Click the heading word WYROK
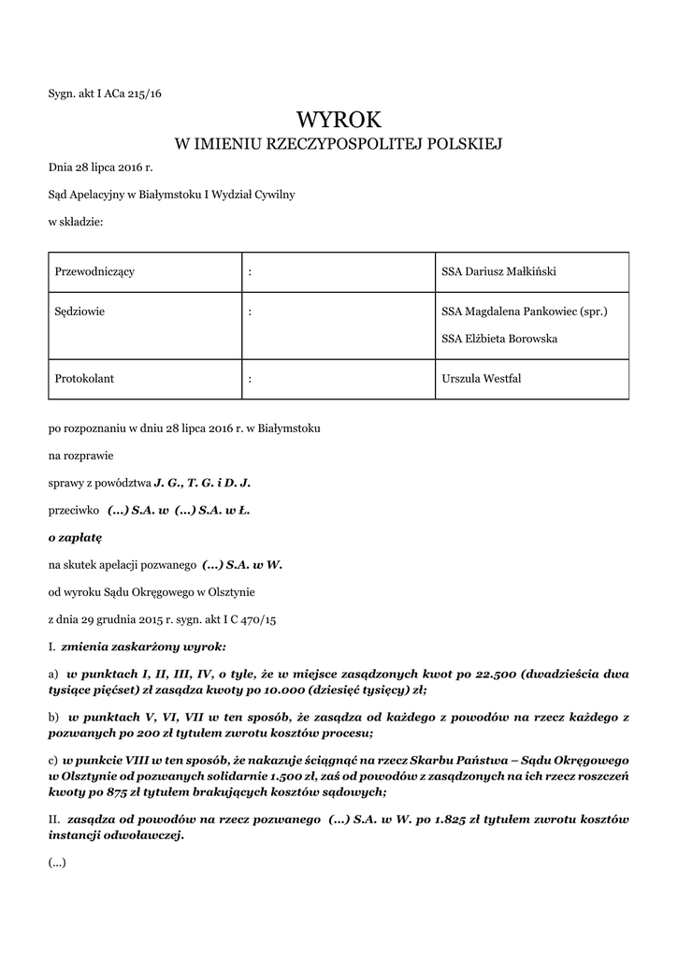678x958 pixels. coord(339,119)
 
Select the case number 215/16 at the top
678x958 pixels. coord(143,93)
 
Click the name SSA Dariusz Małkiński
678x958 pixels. coord(498,271)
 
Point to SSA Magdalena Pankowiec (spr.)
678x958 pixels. coord(524,312)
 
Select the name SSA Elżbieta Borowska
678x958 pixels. coord(499,338)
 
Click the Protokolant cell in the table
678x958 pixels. coord(84,379)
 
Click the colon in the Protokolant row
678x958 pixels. coord(251,379)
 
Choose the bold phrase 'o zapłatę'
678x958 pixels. coord(75,538)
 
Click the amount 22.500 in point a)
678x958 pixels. coord(496,673)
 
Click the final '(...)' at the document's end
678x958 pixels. coord(57,863)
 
